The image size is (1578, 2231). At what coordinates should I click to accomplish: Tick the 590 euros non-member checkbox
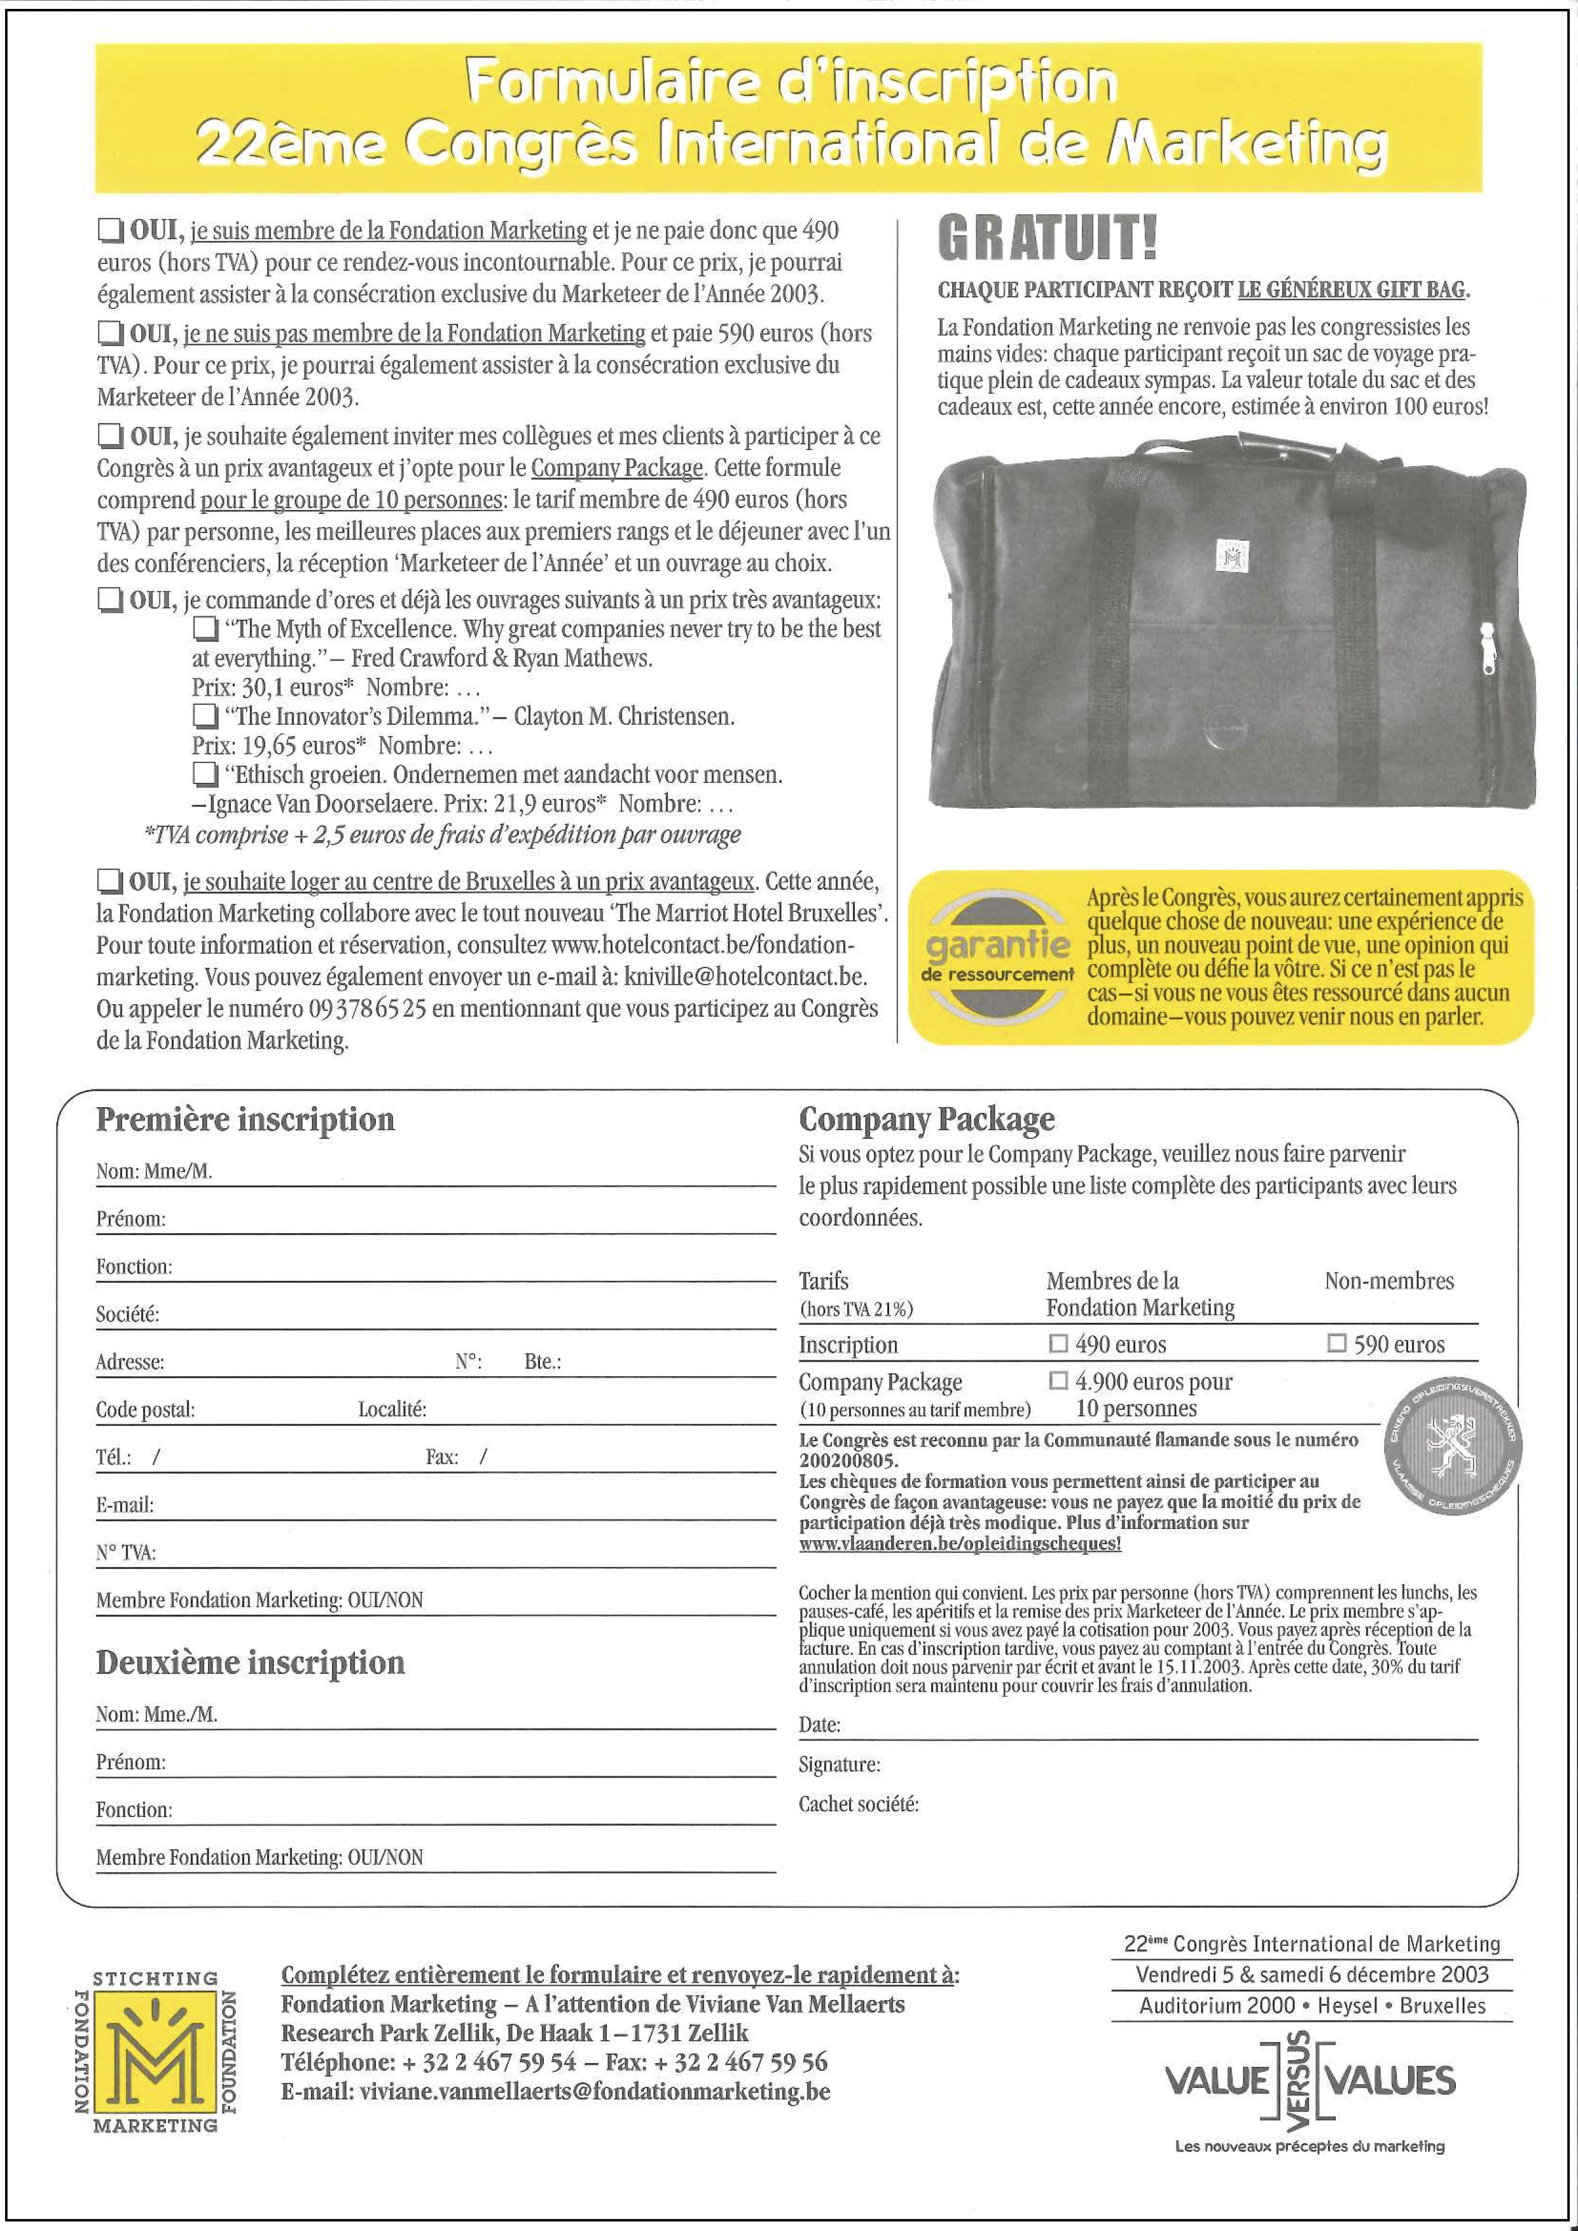[x=1337, y=1344]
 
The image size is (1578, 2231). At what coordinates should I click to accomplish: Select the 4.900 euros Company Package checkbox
[x=1058, y=1381]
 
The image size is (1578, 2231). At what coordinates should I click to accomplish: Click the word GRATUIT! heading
[x=1048, y=239]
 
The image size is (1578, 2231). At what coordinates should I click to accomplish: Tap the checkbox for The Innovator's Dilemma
[x=205, y=717]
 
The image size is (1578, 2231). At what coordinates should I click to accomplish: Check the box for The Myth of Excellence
[x=205, y=630]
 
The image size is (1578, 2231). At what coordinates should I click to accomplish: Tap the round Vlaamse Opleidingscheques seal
[x=1453, y=1448]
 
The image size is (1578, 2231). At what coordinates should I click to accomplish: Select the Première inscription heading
[x=245, y=1119]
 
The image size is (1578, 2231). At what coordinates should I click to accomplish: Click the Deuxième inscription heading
[x=250, y=1662]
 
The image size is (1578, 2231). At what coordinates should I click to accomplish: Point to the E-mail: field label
[x=125, y=1505]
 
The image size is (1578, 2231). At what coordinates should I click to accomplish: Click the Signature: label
[x=838, y=1765]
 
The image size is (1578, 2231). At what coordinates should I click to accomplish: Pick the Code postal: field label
[x=145, y=1410]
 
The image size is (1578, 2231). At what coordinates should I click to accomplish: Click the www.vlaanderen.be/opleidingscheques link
[x=959, y=1544]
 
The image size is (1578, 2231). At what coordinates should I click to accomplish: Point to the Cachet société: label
[x=858, y=1804]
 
